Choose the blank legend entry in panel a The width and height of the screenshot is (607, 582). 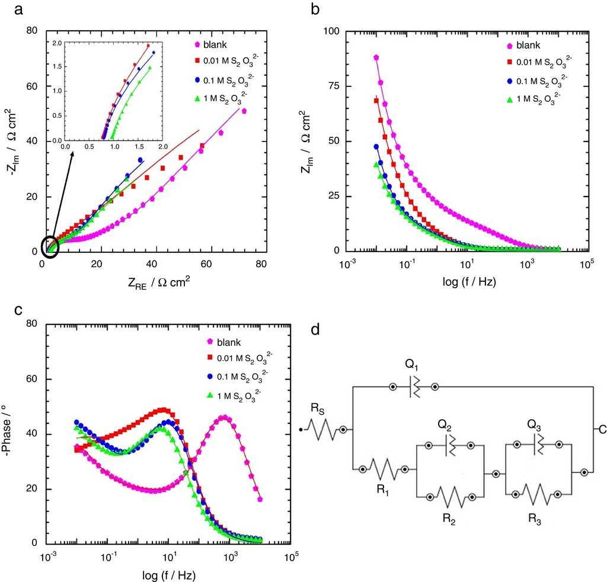[215, 44]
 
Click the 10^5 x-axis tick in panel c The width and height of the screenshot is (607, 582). [291, 558]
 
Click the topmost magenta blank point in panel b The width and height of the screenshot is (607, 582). [376, 57]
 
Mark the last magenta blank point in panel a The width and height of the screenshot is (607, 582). [244, 111]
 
